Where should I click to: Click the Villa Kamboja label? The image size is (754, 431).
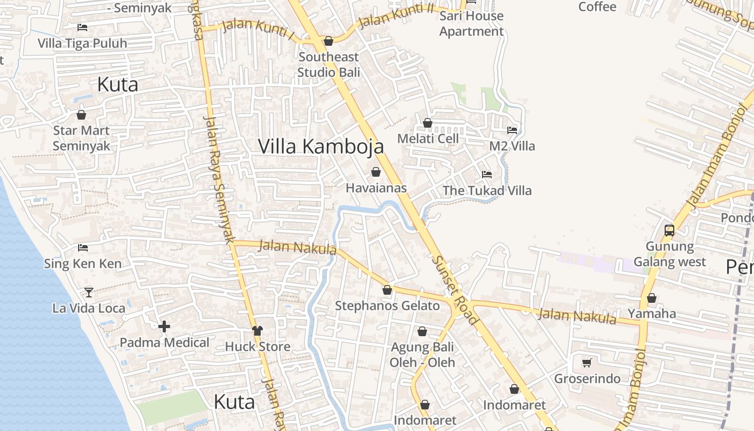point(321,146)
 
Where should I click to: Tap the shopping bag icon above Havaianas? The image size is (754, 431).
point(376,172)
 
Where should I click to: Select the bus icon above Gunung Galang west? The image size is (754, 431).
point(669,231)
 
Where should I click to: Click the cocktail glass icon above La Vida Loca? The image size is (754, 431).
point(89,292)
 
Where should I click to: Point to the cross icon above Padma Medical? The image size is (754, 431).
point(164,326)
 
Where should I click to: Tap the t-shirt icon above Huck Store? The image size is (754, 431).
point(257,330)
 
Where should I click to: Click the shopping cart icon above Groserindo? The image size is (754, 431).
point(587,363)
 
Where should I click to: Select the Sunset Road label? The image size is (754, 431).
point(455,289)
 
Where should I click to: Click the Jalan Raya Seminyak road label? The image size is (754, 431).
point(220,178)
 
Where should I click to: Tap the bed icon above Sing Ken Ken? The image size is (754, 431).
point(83,248)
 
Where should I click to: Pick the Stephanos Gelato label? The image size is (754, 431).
point(387,306)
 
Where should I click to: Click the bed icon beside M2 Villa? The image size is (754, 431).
point(512,130)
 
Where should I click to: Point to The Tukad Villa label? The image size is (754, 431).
point(487,190)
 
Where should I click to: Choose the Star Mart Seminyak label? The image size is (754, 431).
point(81,138)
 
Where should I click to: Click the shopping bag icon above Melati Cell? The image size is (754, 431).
point(428,123)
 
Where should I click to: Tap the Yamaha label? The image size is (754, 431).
point(652,314)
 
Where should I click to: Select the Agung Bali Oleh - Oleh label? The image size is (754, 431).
point(422,354)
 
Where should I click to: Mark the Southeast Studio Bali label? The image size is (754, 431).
point(329,64)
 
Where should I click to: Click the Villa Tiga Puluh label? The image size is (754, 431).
point(82,43)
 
